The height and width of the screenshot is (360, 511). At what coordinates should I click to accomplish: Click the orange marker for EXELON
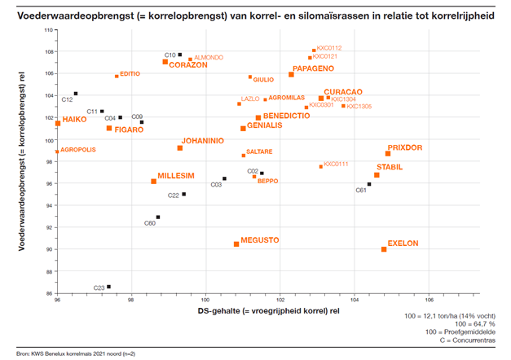click(x=384, y=249)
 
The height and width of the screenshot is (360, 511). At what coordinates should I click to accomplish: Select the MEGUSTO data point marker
click(x=236, y=244)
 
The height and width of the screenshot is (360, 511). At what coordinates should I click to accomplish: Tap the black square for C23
click(x=108, y=287)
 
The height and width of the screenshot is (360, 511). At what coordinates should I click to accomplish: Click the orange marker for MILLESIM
click(x=153, y=182)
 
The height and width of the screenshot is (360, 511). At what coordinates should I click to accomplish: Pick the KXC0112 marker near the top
click(x=314, y=50)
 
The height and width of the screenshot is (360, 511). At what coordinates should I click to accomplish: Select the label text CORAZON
click(x=189, y=64)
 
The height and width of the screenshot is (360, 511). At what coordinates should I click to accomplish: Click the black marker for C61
click(x=369, y=184)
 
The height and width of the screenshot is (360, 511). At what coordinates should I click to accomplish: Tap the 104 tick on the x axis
click(x=355, y=301)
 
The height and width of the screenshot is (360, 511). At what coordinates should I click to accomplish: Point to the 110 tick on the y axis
click(x=48, y=29)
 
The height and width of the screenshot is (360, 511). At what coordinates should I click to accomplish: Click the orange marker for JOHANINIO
click(x=180, y=148)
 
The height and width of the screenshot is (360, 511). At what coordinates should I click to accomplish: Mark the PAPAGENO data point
click(x=292, y=75)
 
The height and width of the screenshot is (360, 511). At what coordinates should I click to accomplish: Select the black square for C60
click(x=158, y=217)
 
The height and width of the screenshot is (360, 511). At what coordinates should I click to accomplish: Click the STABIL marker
click(x=377, y=175)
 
